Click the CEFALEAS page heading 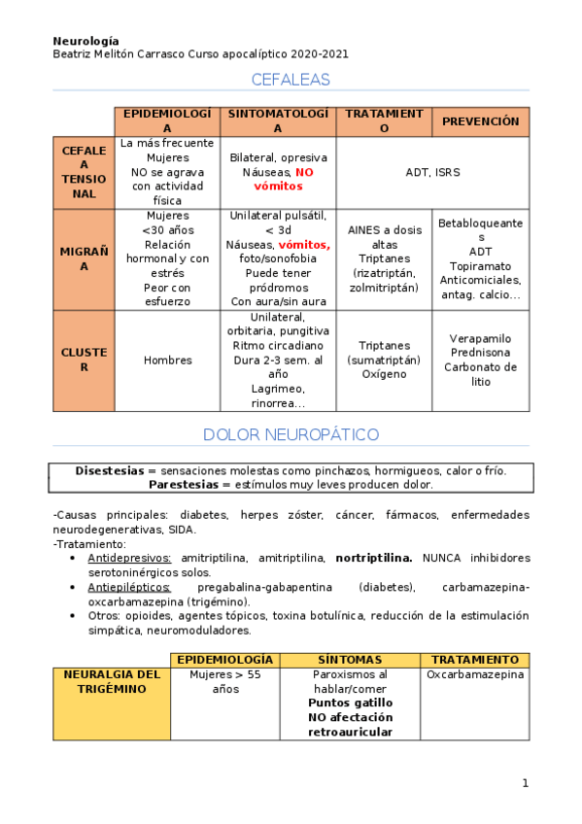pyautogui.click(x=291, y=80)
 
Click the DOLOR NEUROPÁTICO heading pyautogui.click(x=291, y=434)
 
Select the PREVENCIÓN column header pyautogui.click(x=481, y=121)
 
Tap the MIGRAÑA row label pyautogui.click(x=84, y=258)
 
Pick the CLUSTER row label pyautogui.click(x=84, y=360)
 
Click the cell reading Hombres pyautogui.click(x=167, y=360)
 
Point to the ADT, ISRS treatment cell pyautogui.click(x=432, y=173)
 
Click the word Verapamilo pyautogui.click(x=480, y=339)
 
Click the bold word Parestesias pyautogui.click(x=183, y=484)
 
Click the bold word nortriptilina pyautogui.click(x=374, y=558)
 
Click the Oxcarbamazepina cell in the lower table pyautogui.click(x=475, y=674)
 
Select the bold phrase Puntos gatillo pyautogui.click(x=350, y=703)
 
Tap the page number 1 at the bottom pyautogui.click(x=525, y=783)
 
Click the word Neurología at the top pyautogui.click(x=86, y=41)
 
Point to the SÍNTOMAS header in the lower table pyautogui.click(x=350, y=660)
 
